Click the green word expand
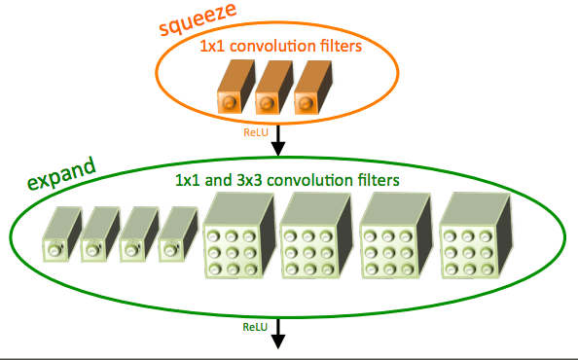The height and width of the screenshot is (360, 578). tap(62, 173)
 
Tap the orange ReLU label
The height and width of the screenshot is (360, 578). tap(256, 132)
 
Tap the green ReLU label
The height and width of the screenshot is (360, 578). tap(255, 327)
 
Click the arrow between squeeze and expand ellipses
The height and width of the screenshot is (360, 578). tap(278, 140)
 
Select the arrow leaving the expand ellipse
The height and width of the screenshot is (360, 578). tap(278, 334)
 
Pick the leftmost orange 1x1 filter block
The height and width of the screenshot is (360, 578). tap(235, 87)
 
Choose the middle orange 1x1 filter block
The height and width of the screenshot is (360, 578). tap(274, 87)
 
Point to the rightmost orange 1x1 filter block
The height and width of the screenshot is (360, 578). tap(313, 87)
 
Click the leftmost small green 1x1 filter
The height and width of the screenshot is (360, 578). tap(62, 234)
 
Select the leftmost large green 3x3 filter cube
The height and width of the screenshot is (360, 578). tap(239, 235)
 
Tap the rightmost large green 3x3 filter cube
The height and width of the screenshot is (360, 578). tap(476, 235)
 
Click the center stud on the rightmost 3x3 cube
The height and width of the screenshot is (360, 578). tap(468, 252)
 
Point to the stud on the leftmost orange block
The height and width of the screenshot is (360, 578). tap(229, 102)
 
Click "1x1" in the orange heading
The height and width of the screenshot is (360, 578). tap(212, 47)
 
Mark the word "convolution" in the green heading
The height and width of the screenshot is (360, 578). tap(310, 180)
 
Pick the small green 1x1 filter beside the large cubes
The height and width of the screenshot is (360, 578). tap(178, 234)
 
